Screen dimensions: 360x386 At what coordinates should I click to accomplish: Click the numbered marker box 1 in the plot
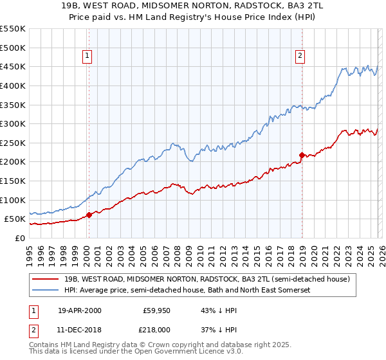(88, 56)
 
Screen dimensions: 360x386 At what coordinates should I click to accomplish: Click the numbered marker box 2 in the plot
(300, 56)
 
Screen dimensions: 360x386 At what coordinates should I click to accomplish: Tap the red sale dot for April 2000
(89, 215)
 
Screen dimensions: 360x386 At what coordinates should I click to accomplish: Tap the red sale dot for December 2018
(301, 155)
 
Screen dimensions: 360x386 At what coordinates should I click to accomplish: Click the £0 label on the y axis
(19, 238)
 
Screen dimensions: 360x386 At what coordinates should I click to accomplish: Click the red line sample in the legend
(46, 280)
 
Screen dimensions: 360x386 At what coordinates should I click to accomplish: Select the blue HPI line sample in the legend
(46, 291)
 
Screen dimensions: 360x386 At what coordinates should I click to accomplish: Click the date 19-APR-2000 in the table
(79, 310)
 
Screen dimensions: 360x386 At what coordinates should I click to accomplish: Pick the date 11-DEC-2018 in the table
(79, 328)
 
